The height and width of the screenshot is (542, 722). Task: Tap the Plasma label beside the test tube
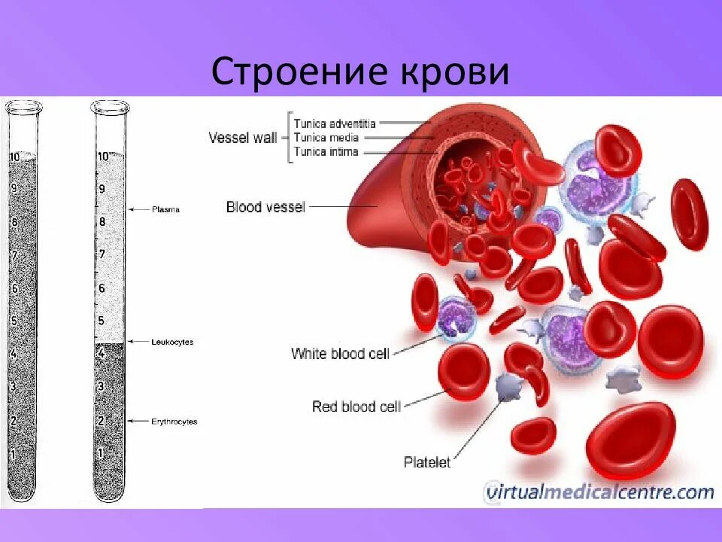click(165, 209)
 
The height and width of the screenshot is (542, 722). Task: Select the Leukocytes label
click(171, 342)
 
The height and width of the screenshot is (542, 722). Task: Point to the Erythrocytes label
click(173, 422)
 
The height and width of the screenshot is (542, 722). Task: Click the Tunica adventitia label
click(335, 123)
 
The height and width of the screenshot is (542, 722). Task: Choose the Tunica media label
click(326, 138)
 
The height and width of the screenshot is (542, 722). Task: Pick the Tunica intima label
click(326, 152)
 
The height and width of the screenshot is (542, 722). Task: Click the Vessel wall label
click(242, 138)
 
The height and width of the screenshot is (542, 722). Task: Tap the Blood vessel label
click(265, 206)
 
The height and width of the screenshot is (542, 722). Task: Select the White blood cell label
click(340, 353)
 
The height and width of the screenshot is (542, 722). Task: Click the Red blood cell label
click(356, 406)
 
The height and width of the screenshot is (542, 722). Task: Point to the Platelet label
click(427, 462)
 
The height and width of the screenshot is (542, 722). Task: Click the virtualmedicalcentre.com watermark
click(599, 493)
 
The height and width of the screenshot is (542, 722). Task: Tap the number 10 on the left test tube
click(14, 157)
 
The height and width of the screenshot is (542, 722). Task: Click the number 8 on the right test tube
click(102, 222)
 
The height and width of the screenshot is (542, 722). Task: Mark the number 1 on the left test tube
click(12, 454)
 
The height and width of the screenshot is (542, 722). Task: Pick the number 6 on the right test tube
click(102, 288)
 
